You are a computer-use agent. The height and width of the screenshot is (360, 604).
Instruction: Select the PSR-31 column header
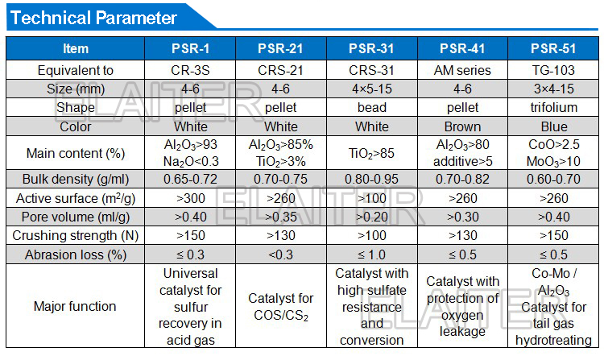[371, 49]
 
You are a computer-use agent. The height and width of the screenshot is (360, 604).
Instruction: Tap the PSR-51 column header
[552, 49]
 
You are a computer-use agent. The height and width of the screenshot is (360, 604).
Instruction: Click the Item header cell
[76, 49]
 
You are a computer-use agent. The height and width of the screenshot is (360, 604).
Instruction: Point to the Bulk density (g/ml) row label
[76, 180]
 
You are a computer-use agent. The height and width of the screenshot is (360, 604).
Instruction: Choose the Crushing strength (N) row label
[76, 235]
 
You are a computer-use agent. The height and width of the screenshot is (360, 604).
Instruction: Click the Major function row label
[76, 306]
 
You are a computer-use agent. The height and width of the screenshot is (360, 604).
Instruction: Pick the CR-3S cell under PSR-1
[190, 70]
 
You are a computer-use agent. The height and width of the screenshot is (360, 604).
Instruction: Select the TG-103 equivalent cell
[552, 70]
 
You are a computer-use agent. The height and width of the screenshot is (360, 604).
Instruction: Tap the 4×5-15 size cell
[371, 89]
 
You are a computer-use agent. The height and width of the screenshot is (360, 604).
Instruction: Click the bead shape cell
[371, 107]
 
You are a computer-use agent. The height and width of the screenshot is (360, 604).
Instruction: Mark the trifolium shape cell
[552, 107]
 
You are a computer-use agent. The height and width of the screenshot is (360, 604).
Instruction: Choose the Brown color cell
[462, 126]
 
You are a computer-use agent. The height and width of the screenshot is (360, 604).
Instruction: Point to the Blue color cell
[552, 126]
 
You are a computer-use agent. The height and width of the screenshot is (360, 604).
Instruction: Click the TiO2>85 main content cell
[371, 153]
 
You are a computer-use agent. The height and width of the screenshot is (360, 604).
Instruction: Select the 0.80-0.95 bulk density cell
[371, 180]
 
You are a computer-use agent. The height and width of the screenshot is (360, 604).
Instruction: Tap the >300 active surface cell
[190, 198]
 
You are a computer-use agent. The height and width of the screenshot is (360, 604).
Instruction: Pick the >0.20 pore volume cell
[371, 217]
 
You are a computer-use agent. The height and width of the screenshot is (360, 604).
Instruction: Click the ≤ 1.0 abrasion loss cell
[371, 254]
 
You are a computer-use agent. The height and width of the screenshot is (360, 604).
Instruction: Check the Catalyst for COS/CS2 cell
[280, 307]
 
